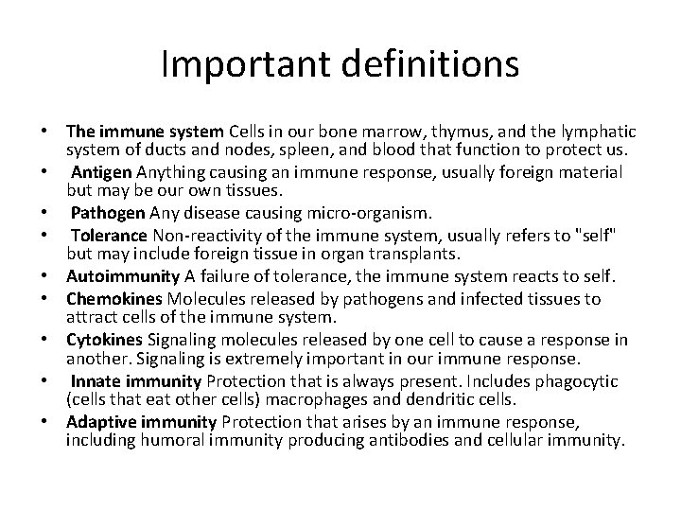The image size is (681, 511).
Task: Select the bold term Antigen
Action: [102, 171]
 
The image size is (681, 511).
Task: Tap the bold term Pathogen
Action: [106, 211]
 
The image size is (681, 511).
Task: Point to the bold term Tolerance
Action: [109, 237]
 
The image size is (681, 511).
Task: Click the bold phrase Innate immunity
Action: [136, 380]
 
